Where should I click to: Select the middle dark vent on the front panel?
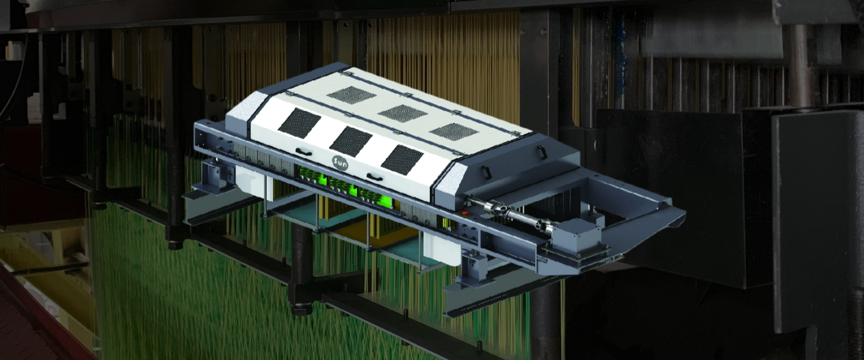(351, 141)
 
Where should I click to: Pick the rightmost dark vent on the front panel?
(402, 160)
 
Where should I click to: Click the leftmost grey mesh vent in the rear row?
(351, 94)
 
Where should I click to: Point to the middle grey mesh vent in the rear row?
(402, 113)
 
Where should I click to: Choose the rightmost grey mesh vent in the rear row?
(454, 131)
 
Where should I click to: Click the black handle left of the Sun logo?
(304, 152)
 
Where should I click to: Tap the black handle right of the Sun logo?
(374, 177)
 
